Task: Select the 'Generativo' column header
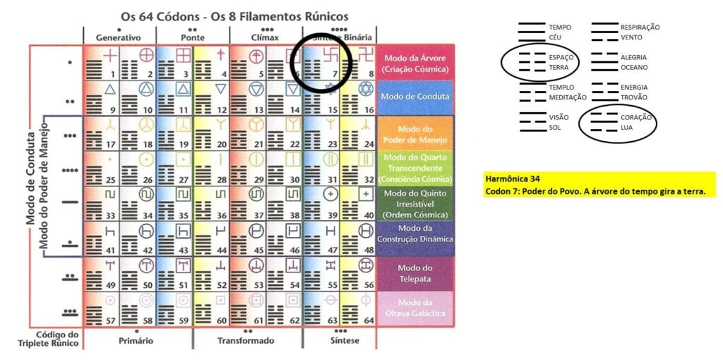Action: [x=119, y=37]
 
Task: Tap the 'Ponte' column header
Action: [x=192, y=37]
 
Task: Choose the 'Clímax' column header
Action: [x=265, y=37]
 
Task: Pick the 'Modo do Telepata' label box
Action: [x=414, y=273]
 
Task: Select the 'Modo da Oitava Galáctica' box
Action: [x=414, y=308]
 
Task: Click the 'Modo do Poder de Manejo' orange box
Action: [x=414, y=132]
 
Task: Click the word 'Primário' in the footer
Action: [x=137, y=340]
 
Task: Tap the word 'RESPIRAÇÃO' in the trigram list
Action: [x=640, y=27]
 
